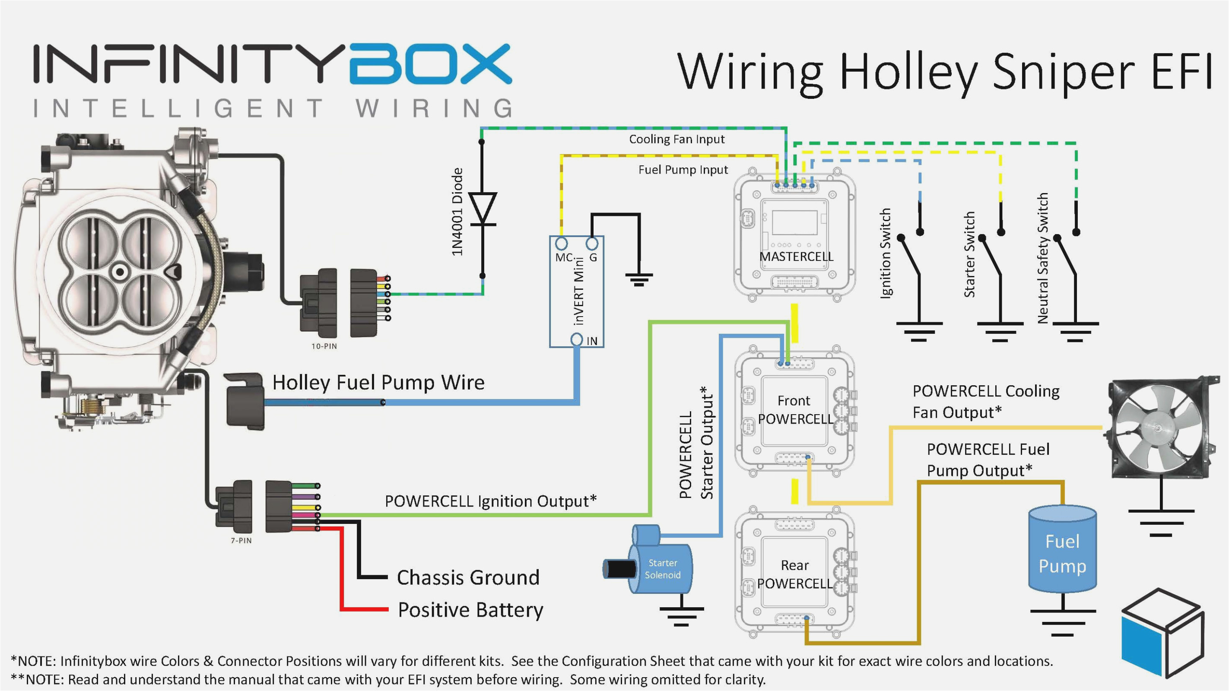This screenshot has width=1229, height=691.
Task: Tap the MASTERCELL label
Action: pyautogui.click(x=796, y=257)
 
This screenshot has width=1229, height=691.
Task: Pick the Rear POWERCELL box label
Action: pyautogui.click(x=794, y=574)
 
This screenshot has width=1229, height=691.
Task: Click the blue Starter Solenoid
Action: pyautogui.click(x=661, y=567)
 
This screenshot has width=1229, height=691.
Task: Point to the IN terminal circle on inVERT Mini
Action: pyautogui.click(x=577, y=339)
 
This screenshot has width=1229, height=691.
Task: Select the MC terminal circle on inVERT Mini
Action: pyautogui.click(x=562, y=244)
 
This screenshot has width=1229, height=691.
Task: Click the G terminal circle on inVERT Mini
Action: pyautogui.click(x=592, y=244)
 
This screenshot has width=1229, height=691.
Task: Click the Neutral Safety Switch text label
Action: pyautogui.click(x=1043, y=258)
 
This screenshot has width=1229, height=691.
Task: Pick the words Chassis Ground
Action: pyautogui.click(x=468, y=577)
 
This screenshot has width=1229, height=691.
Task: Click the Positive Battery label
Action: pyautogui.click(x=470, y=610)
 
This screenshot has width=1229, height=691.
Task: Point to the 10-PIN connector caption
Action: pyautogui.click(x=324, y=346)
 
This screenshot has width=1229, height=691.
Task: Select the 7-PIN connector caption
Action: pyautogui.click(x=241, y=540)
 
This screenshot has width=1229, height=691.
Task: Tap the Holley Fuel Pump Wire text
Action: pyautogui.click(x=378, y=383)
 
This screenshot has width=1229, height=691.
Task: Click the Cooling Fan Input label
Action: pyautogui.click(x=676, y=139)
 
